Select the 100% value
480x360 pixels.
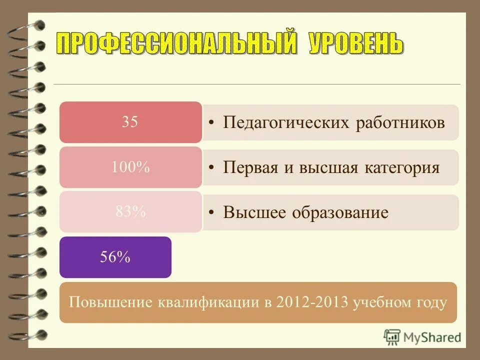coord(130,168)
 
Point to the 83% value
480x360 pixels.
coord(130,212)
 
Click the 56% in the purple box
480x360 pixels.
coord(115,257)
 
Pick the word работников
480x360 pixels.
coord(399,123)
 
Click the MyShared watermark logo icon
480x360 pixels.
coord(390,336)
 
